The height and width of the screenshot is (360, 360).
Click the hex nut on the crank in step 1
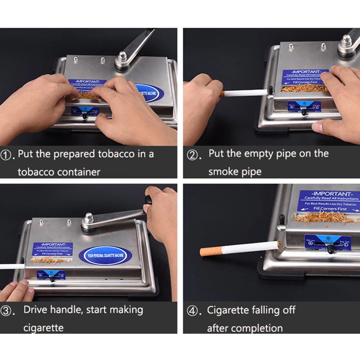tap(123, 56)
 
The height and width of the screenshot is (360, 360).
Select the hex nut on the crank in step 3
tap(89, 218)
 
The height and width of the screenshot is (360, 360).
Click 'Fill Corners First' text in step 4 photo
tap(330, 209)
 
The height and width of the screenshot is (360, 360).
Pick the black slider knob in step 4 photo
tap(330, 249)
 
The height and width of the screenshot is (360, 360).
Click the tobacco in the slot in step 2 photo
tap(304, 87)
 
